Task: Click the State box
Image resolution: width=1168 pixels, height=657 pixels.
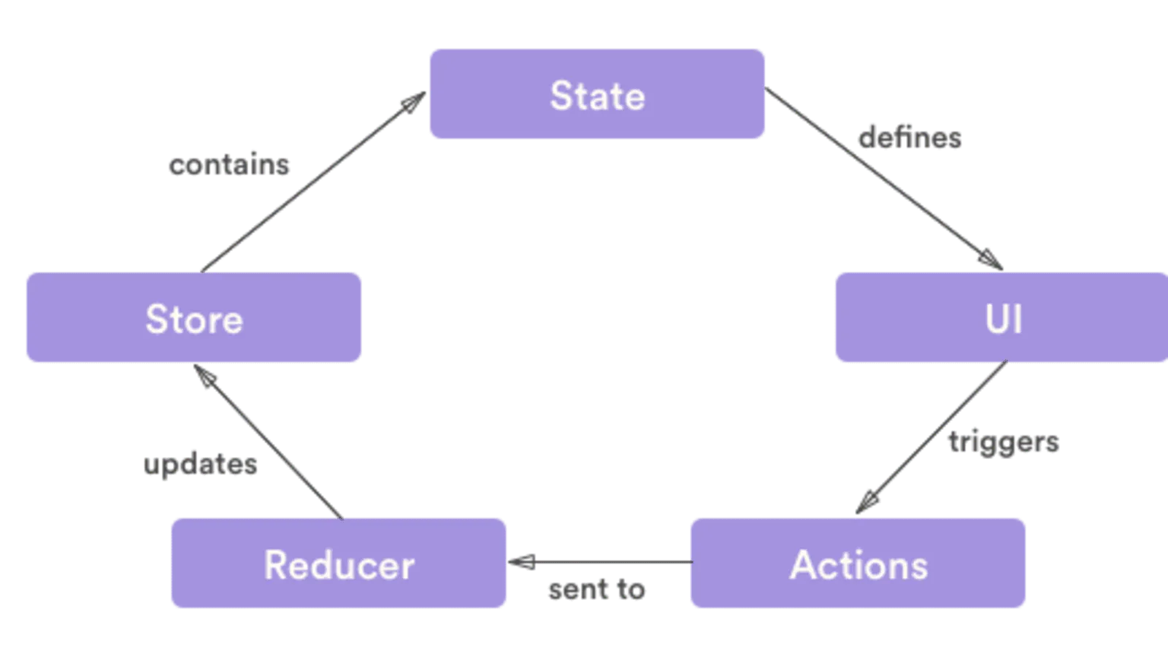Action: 597,94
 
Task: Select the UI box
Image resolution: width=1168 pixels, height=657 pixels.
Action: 1002,318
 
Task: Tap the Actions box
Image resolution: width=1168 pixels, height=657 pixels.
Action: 858,564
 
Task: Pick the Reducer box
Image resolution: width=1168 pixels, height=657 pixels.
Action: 339,564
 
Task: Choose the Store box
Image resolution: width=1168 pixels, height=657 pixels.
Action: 193,318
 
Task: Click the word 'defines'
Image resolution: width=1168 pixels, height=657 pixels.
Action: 910,137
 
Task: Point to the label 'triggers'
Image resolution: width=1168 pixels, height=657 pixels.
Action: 1004,442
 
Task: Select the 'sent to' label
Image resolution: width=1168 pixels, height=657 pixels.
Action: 597,589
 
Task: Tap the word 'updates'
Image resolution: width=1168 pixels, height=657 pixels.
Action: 200,464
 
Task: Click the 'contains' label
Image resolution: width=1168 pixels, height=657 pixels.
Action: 229,164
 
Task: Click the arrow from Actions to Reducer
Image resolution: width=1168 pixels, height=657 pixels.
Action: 606,563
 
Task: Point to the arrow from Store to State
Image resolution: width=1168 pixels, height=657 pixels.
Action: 307,182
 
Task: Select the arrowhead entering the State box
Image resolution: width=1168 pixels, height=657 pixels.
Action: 415,100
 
